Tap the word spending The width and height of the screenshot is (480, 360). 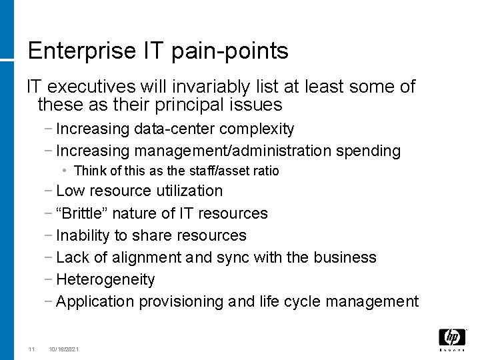369,151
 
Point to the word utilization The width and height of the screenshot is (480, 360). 189,191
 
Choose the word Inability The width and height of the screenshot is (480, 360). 83,235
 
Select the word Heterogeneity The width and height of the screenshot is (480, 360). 105,279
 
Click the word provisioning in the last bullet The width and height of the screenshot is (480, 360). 181,301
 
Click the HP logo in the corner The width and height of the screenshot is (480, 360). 451,338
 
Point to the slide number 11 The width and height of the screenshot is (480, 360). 31,349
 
